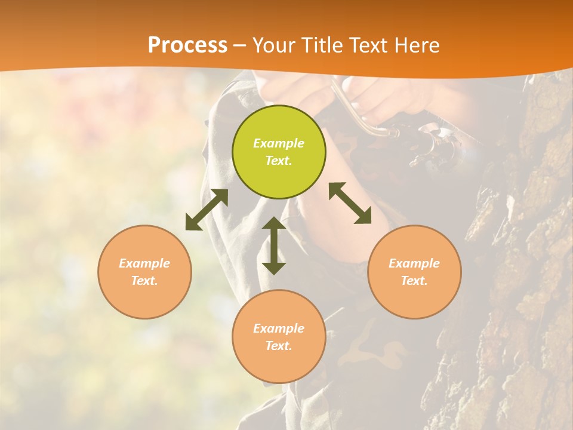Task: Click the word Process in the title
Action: pyautogui.click(x=187, y=45)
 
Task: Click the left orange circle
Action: pyautogui.click(x=144, y=272)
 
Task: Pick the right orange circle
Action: pyautogui.click(x=414, y=272)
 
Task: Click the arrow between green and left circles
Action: pyautogui.click(x=207, y=210)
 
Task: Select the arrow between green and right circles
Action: pyautogui.click(x=350, y=203)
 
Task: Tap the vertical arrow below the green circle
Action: pyautogui.click(x=274, y=245)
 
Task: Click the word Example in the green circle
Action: pyautogui.click(x=279, y=143)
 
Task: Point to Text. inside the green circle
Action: pyautogui.click(x=279, y=161)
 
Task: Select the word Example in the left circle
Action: pyautogui.click(x=144, y=263)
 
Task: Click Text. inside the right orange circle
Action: pyautogui.click(x=414, y=281)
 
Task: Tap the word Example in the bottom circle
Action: pyautogui.click(x=279, y=328)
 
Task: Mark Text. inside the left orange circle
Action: pyautogui.click(x=144, y=281)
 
